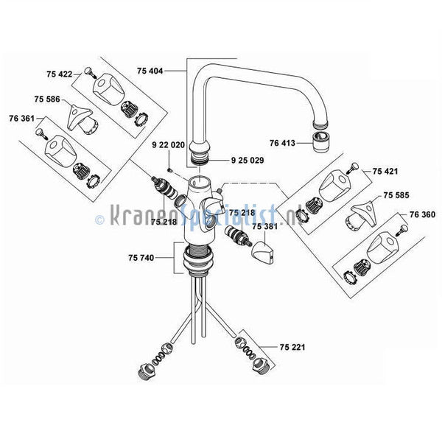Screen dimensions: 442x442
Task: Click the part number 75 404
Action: (x=150, y=71)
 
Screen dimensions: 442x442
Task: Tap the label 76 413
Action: (x=282, y=143)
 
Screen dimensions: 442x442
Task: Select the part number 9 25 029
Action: (x=248, y=161)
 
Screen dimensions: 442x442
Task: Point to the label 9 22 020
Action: (x=168, y=145)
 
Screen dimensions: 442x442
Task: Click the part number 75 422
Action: (x=60, y=74)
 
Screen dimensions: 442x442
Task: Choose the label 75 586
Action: (x=47, y=99)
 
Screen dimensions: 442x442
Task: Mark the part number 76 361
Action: (x=21, y=119)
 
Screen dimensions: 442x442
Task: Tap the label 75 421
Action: (x=385, y=172)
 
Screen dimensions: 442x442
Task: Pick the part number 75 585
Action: (x=396, y=195)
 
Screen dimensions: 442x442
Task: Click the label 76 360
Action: (x=422, y=214)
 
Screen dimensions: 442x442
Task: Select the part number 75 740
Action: (x=141, y=258)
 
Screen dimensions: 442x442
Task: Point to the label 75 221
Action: (x=292, y=347)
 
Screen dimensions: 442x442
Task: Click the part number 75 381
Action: (x=264, y=226)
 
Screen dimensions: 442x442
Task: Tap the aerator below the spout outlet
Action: (x=321, y=142)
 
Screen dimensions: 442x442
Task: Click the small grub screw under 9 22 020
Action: (x=169, y=170)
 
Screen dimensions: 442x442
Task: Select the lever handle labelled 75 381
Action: (x=262, y=253)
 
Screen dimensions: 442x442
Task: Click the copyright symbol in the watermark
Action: (x=99, y=220)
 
